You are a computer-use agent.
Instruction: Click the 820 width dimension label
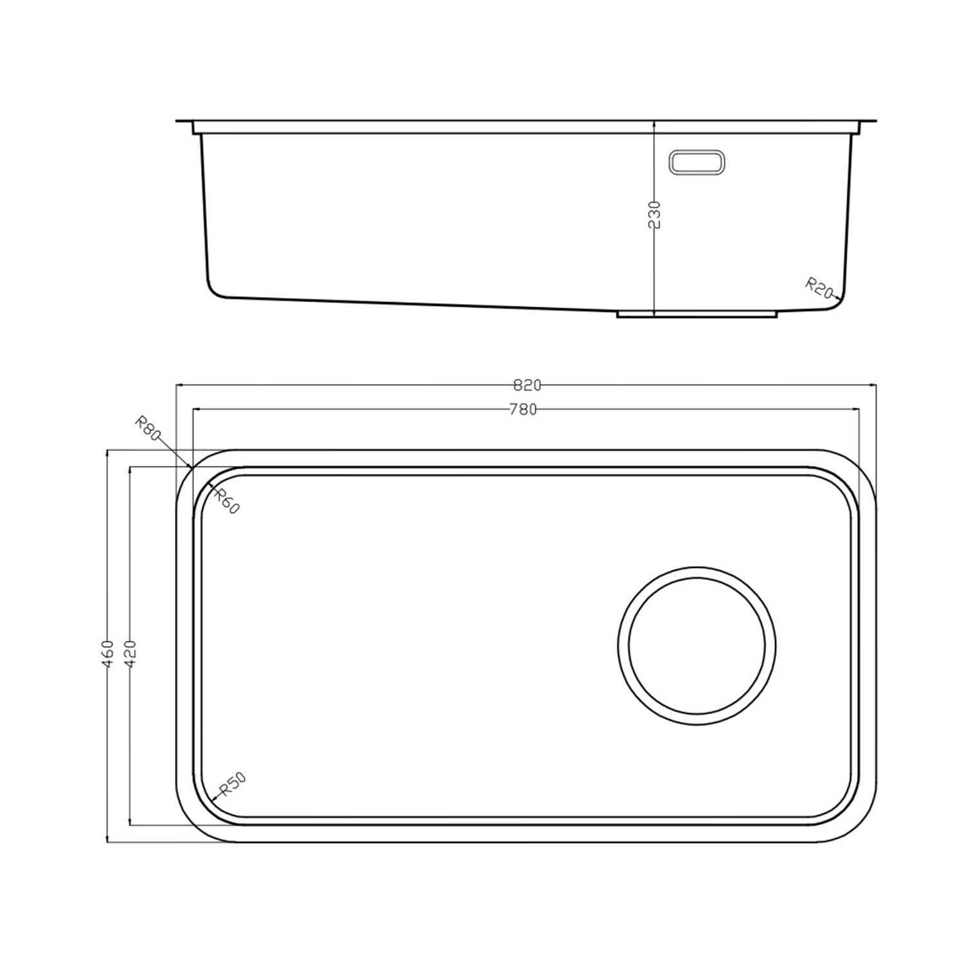527,386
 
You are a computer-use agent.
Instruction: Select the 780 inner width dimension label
523,409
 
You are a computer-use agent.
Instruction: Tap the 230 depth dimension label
654,214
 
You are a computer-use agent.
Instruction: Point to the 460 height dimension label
108,654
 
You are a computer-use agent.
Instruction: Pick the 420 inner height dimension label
130,654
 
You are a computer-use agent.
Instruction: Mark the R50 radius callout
233,784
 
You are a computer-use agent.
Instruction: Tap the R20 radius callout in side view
819,287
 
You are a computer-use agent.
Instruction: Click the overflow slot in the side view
697,162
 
